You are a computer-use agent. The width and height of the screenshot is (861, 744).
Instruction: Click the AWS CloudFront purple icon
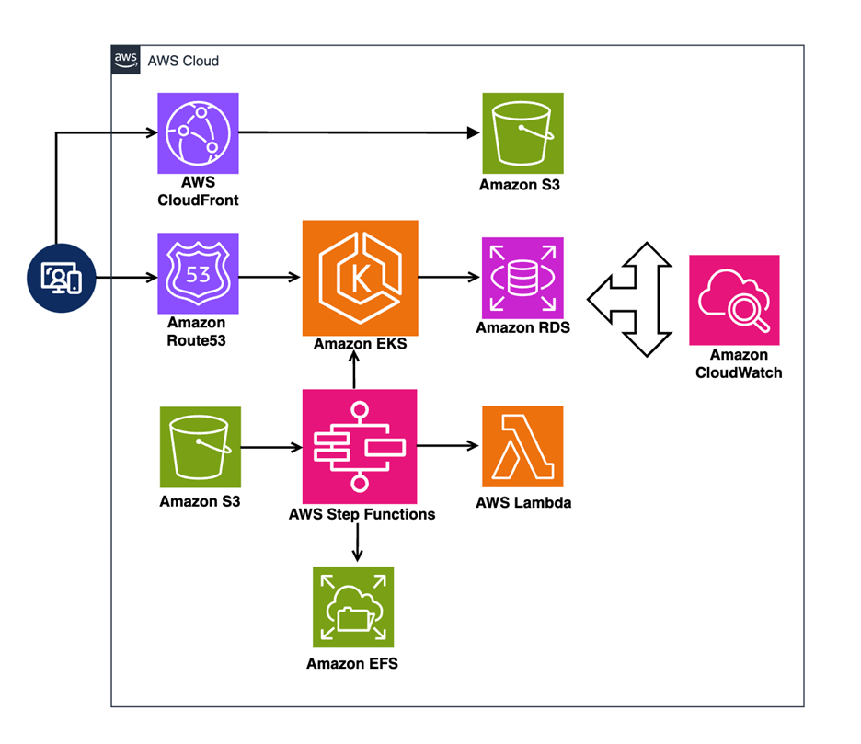198,132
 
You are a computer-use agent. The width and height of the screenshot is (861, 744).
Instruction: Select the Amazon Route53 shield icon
198,273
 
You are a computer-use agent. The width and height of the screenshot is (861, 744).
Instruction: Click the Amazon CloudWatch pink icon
734,300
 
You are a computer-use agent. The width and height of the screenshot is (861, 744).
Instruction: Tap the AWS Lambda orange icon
522,446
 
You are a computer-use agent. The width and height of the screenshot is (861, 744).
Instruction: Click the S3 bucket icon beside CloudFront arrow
522,132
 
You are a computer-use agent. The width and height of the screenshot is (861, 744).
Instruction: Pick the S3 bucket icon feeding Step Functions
200,448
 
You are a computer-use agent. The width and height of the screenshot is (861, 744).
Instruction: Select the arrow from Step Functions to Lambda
449,447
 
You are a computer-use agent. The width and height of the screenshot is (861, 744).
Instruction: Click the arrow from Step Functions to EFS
357,543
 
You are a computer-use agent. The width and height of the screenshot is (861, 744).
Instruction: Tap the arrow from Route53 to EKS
270,275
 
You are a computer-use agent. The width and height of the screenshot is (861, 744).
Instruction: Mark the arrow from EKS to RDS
450,275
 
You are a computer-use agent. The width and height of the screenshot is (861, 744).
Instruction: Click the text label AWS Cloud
183,62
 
